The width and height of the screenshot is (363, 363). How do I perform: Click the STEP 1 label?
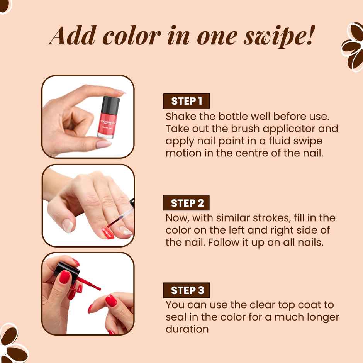tap(187, 101)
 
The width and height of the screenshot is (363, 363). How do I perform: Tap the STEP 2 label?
tap(187, 203)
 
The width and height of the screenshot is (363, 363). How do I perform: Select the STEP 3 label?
tap(187, 290)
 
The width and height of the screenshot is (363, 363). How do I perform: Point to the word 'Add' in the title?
tap(72, 36)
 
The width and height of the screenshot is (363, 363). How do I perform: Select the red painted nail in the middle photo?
tap(108, 233)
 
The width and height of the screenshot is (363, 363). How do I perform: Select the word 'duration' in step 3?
tap(187, 329)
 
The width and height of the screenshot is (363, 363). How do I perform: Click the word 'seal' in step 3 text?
tap(175, 317)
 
